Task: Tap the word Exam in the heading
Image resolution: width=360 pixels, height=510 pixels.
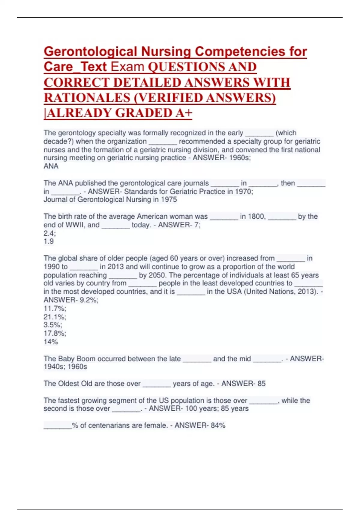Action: pyautogui.click(x=127, y=67)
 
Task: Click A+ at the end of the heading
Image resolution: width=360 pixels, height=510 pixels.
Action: pyautogui.click(x=184, y=113)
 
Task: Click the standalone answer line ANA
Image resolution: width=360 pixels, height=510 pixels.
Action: pyautogui.click(x=51, y=166)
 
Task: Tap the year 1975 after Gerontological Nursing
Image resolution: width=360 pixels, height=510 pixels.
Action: pyautogui.click(x=169, y=199)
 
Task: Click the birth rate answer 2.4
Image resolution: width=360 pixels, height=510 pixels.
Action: pyautogui.click(x=49, y=233)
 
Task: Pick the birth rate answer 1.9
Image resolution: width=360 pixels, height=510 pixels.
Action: pyautogui.click(x=49, y=241)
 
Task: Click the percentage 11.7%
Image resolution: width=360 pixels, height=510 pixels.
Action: pyautogui.click(x=55, y=308)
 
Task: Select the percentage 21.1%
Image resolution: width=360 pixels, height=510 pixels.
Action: pyautogui.click(x=55, y=317)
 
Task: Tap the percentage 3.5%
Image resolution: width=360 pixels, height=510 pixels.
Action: pyautogui.click(x=53, y=325)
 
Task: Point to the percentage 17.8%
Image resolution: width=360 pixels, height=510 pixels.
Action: pyautogui.click(x=55, y=333)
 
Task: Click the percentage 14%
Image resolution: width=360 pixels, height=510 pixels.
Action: pyautogui.click(x=51, y=342)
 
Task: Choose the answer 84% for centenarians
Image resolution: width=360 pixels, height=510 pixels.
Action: pyautogui.click(x=218, y=425)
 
